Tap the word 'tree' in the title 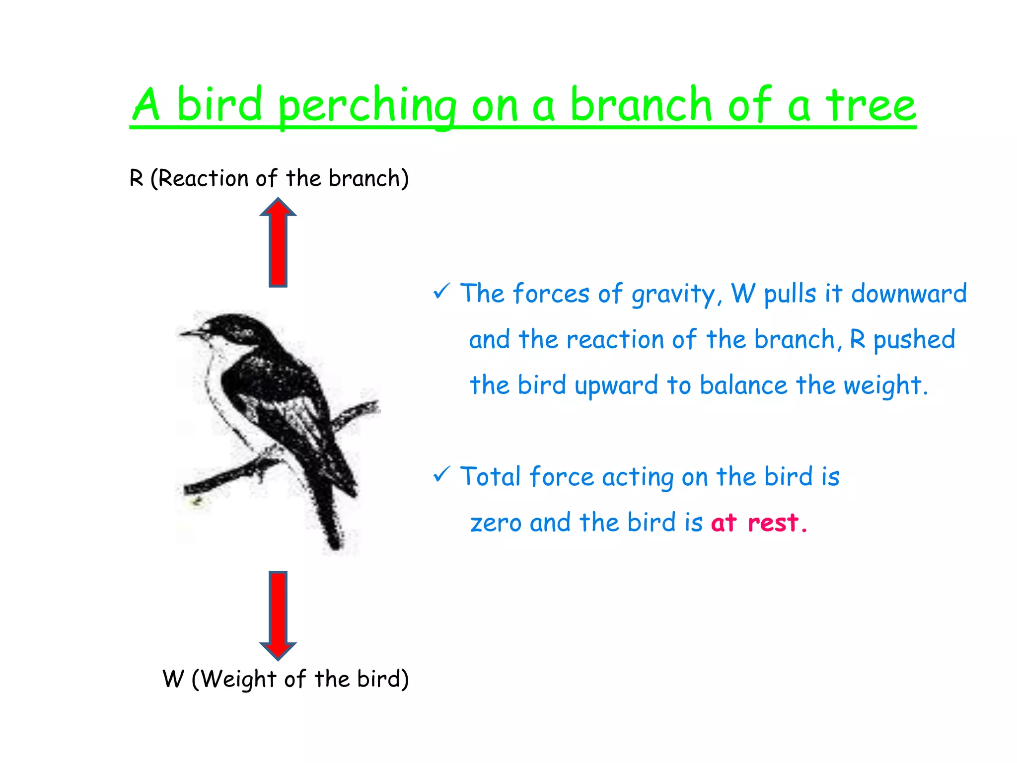[x=871, y=105]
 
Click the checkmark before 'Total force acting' [x=441, y=474]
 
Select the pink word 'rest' [x=773, y=523]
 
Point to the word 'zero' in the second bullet [x=495, y=523]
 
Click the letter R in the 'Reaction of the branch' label [x=136, y=178]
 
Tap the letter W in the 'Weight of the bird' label [x=173, y=679]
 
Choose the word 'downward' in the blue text [x=909, y=293]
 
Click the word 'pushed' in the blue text [x=914, y=340]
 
